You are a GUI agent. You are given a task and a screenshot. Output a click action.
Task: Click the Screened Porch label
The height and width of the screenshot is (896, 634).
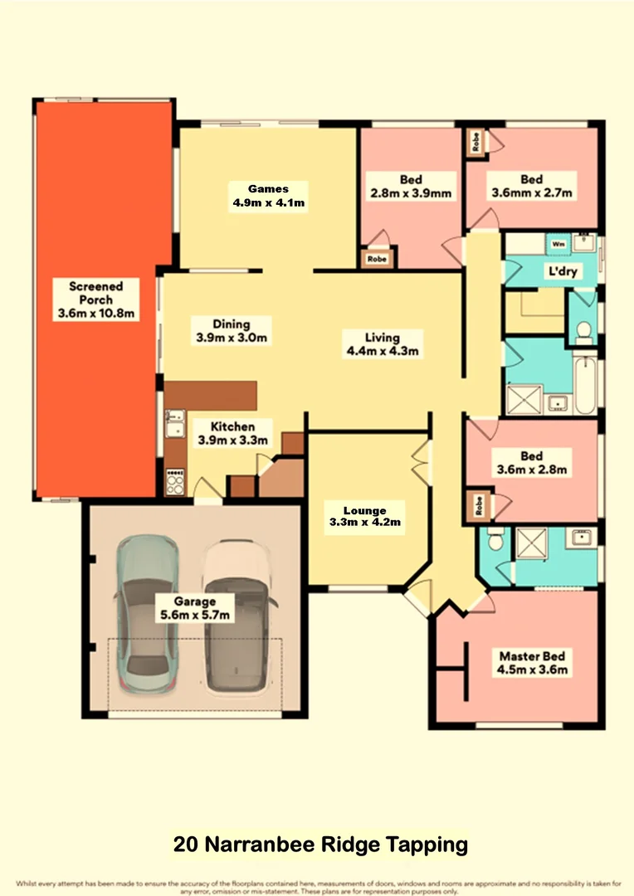tap(96, 299)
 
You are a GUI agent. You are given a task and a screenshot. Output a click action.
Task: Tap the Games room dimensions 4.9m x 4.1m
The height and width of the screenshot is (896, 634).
tap(270, 202)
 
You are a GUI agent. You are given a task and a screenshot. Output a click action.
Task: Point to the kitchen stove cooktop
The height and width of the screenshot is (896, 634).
tap(176, 482)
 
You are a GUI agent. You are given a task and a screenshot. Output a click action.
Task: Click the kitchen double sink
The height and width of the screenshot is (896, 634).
tap(174, 426)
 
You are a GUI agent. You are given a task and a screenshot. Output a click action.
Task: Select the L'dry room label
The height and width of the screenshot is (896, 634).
tap(562, 271)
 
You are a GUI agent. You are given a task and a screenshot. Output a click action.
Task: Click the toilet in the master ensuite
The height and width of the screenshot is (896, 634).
tap(495, 541)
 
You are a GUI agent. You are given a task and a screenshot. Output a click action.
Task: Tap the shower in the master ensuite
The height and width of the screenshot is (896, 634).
tap(529, 543)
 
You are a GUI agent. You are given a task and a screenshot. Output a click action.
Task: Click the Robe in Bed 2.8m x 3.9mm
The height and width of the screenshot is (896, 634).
tap(377, 258)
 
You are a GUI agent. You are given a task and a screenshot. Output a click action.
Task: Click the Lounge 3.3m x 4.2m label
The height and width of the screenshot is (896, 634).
tap(364, 515)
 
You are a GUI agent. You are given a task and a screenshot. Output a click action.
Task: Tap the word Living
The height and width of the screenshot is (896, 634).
tap(382, 338)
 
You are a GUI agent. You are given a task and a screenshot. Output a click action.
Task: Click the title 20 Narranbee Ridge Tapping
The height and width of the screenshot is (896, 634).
tap(320, 845)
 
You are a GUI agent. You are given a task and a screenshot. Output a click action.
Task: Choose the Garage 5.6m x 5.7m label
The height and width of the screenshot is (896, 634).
tap(195, 608)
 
